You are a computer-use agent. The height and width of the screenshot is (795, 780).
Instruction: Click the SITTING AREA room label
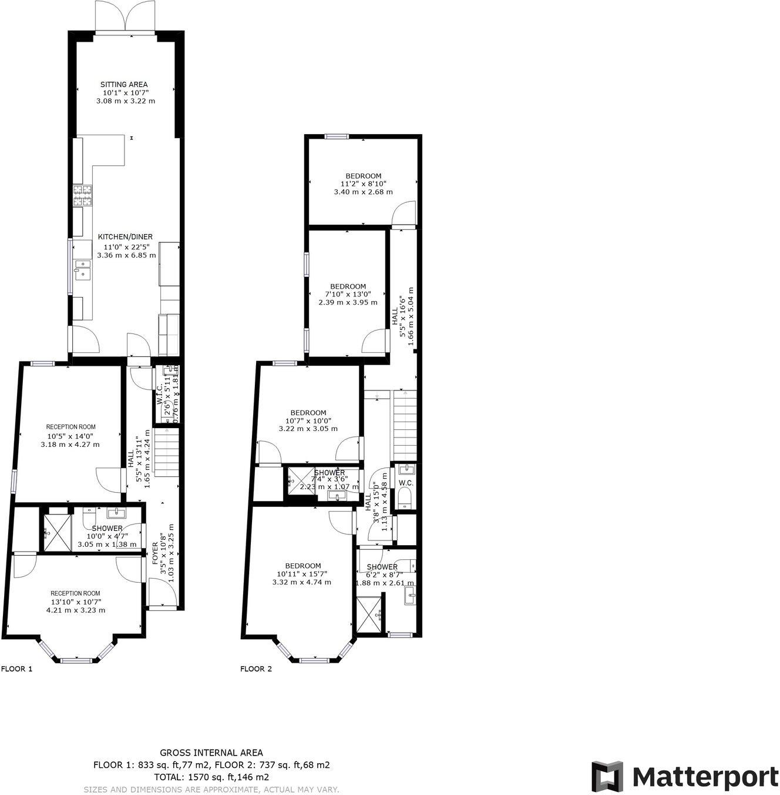click(x=124, y=85)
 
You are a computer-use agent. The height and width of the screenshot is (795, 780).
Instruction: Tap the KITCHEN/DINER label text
click(x=125, y=237)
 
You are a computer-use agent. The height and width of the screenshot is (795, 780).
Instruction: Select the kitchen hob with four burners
click(x=82, y=195)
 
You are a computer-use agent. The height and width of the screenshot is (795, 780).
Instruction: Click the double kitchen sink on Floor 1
click(x=82, y=269)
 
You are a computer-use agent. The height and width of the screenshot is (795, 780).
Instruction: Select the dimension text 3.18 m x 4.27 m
click(x=70, y=445)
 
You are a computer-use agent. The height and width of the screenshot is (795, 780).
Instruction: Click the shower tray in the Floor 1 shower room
click(x=56, y=533)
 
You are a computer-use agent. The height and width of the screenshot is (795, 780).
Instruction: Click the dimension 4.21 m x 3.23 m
click(x=76, y=610)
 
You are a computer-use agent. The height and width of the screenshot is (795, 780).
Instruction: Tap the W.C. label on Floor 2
click(x=406, y=483)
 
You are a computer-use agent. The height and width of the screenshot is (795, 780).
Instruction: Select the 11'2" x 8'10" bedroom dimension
click(x=363, y=183)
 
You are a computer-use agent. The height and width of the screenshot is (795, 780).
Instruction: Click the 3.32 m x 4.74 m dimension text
click(x=301, y=582)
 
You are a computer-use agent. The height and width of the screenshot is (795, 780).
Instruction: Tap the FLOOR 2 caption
click(x=256, y=669)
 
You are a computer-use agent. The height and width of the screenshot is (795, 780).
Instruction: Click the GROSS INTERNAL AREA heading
click(x=211, y=753)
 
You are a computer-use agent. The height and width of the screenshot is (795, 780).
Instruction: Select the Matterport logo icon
click(x=607, y=776)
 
